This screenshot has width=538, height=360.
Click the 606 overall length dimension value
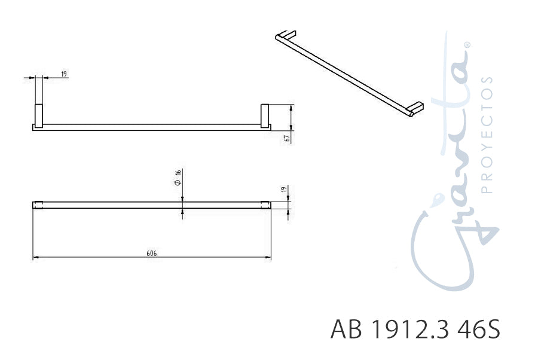(152, 254)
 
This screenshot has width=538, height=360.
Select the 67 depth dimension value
(288, 138)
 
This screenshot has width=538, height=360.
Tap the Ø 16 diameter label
(178, 178)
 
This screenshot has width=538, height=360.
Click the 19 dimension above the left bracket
(64, 74)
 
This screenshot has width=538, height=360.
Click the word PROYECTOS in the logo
(487, 135)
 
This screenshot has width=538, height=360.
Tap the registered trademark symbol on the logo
(467, 45)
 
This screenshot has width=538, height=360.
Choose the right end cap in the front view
(268, 205)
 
